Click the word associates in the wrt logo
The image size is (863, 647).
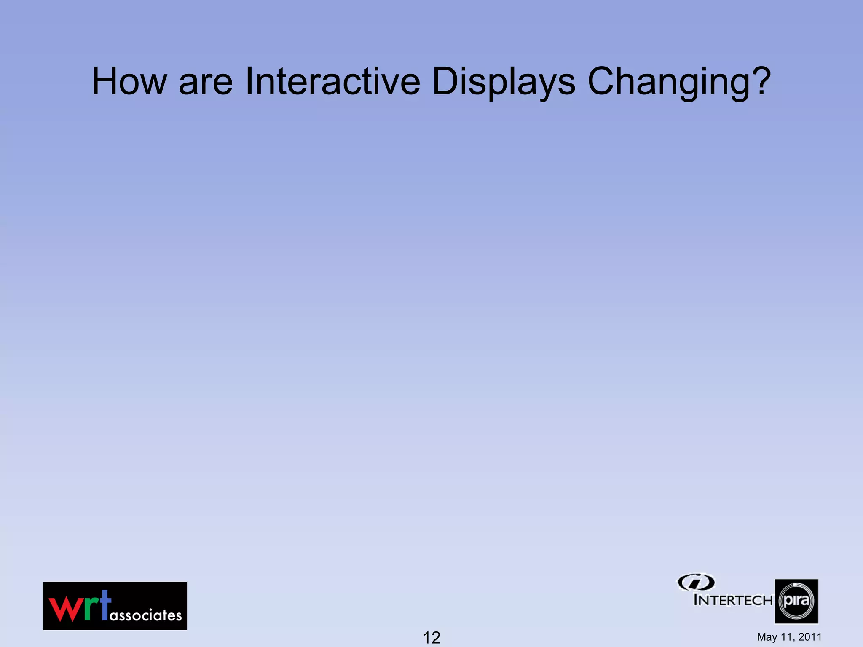tap(146, 615)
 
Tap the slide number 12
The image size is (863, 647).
tap(431, 637)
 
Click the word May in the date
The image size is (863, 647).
tap(767, 637)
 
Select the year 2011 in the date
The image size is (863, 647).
tap(810, 637)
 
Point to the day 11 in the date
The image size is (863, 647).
tap(786, 637)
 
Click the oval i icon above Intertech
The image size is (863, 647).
tap(696, 583)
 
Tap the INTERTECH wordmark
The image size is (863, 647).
tap(733, 600)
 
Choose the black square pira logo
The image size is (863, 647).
tap(796, 601)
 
